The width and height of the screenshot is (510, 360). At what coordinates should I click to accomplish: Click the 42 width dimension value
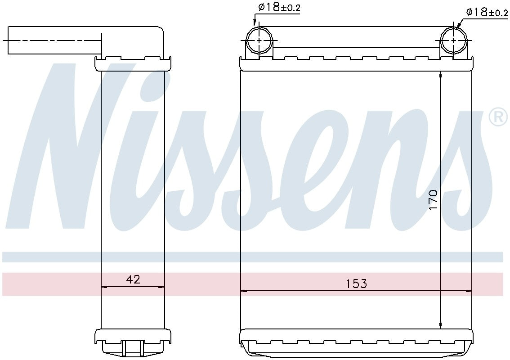[133, 279]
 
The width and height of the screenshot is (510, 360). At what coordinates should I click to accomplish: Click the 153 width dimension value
[356, 284]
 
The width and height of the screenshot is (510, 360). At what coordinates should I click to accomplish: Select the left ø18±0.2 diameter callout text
[279, 7]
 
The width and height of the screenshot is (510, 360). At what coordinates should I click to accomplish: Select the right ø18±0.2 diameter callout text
[487, 12]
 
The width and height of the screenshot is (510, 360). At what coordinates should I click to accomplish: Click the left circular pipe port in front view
[259, 40]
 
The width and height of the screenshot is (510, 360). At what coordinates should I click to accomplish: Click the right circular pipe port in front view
[453, 40]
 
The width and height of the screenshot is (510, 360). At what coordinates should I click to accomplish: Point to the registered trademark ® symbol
[498, 117]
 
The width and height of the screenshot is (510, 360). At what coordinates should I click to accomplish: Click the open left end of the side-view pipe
[9, 40]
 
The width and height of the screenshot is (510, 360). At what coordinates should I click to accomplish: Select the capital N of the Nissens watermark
[76, 148]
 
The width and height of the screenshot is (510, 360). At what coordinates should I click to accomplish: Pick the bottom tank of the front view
[356, 344]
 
